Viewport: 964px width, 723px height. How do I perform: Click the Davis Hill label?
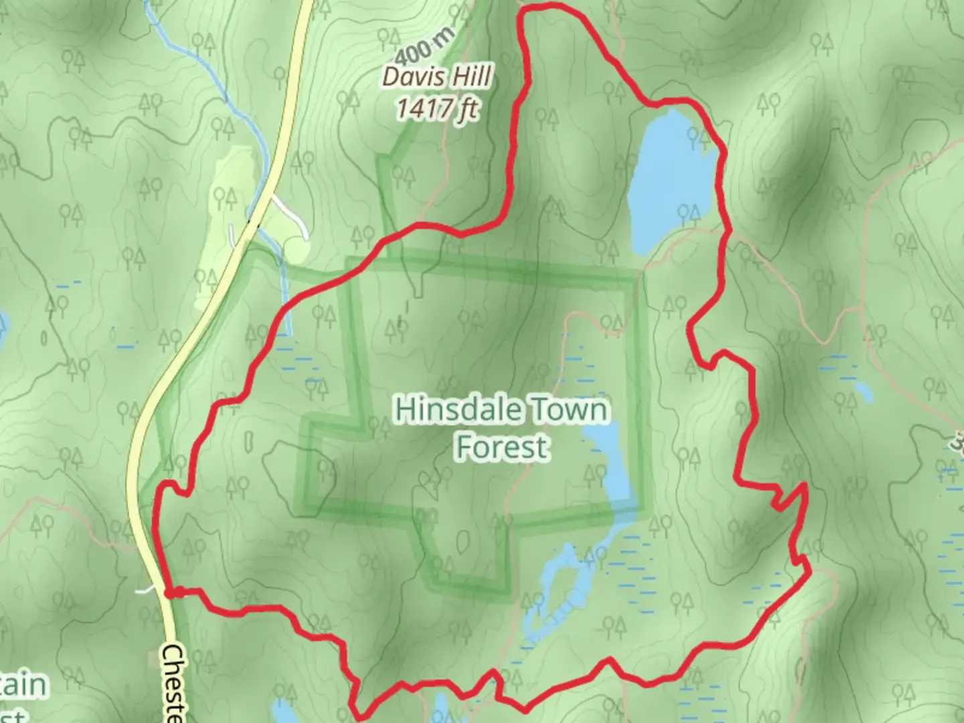[x=437, y=78]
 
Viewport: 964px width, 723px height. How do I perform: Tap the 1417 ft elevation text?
[x=437, y=108]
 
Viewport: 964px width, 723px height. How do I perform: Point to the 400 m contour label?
[x=424, y=46]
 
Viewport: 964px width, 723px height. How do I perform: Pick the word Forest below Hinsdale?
[x=502, y=447]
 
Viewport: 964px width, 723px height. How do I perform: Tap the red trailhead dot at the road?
[x=172, y=592]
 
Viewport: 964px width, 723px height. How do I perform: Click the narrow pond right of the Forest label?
[x=613, y=469]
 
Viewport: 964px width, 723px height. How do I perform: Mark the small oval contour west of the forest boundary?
[x=249, y=441]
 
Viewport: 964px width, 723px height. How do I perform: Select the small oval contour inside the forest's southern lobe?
[x=463, y=539]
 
